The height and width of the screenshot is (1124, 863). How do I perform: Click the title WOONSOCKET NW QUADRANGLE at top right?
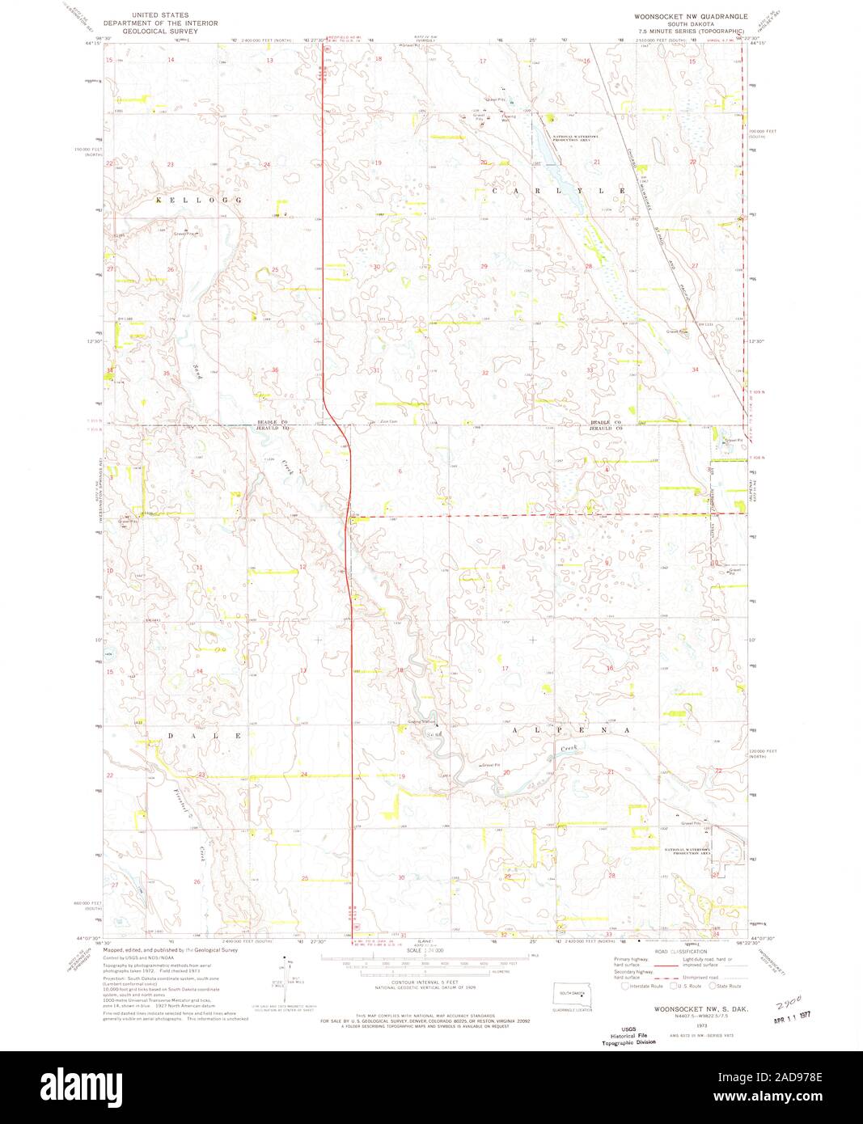tap(692, 16)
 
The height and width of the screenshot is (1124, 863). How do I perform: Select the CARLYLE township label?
tap(558, 190)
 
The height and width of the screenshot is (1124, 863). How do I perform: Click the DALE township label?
tap(204, 736)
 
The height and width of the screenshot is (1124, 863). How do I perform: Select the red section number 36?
tap(275, 370)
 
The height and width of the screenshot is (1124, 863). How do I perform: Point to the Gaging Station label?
tap(421, 721)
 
